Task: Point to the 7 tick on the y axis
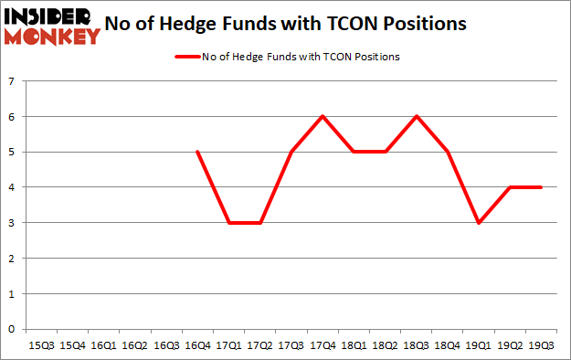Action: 13,81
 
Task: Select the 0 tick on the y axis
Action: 13,329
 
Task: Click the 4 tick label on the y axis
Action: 13,187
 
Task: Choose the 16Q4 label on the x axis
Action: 197,346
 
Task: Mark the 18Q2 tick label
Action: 384,346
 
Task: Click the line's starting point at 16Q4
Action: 197,152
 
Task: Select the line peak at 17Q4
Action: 322,116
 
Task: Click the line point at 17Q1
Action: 228,222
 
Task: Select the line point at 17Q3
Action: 291,152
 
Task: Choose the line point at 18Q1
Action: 353,152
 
